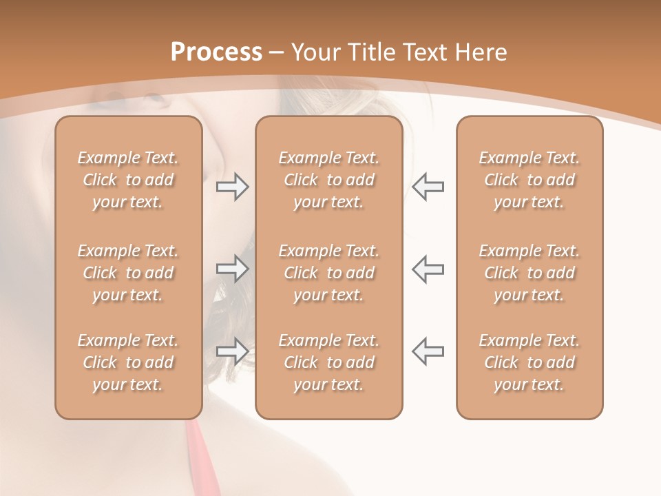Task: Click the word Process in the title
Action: pos(216,52)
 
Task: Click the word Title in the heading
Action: pos(369,52)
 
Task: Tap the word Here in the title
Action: pos(480,52)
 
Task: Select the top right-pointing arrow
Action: pos(233,186)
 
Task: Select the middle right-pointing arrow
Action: pos(233,268)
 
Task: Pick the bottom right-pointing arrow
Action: pos(233,351)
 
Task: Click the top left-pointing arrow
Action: pos(428,186)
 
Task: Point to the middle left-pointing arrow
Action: pos(428,268)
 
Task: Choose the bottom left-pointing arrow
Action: pos(428,351)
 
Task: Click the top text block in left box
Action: pos(128,180)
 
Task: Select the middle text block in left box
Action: pos(128,273)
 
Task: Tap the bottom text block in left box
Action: pos(128,362)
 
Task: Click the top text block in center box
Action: pos(329,180)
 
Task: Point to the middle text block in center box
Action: pos(329,273)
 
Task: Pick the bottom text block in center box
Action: pos(329,362)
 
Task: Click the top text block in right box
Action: pos(529,180)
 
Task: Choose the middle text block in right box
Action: pos(529,273)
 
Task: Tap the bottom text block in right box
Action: pos(529,362)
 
